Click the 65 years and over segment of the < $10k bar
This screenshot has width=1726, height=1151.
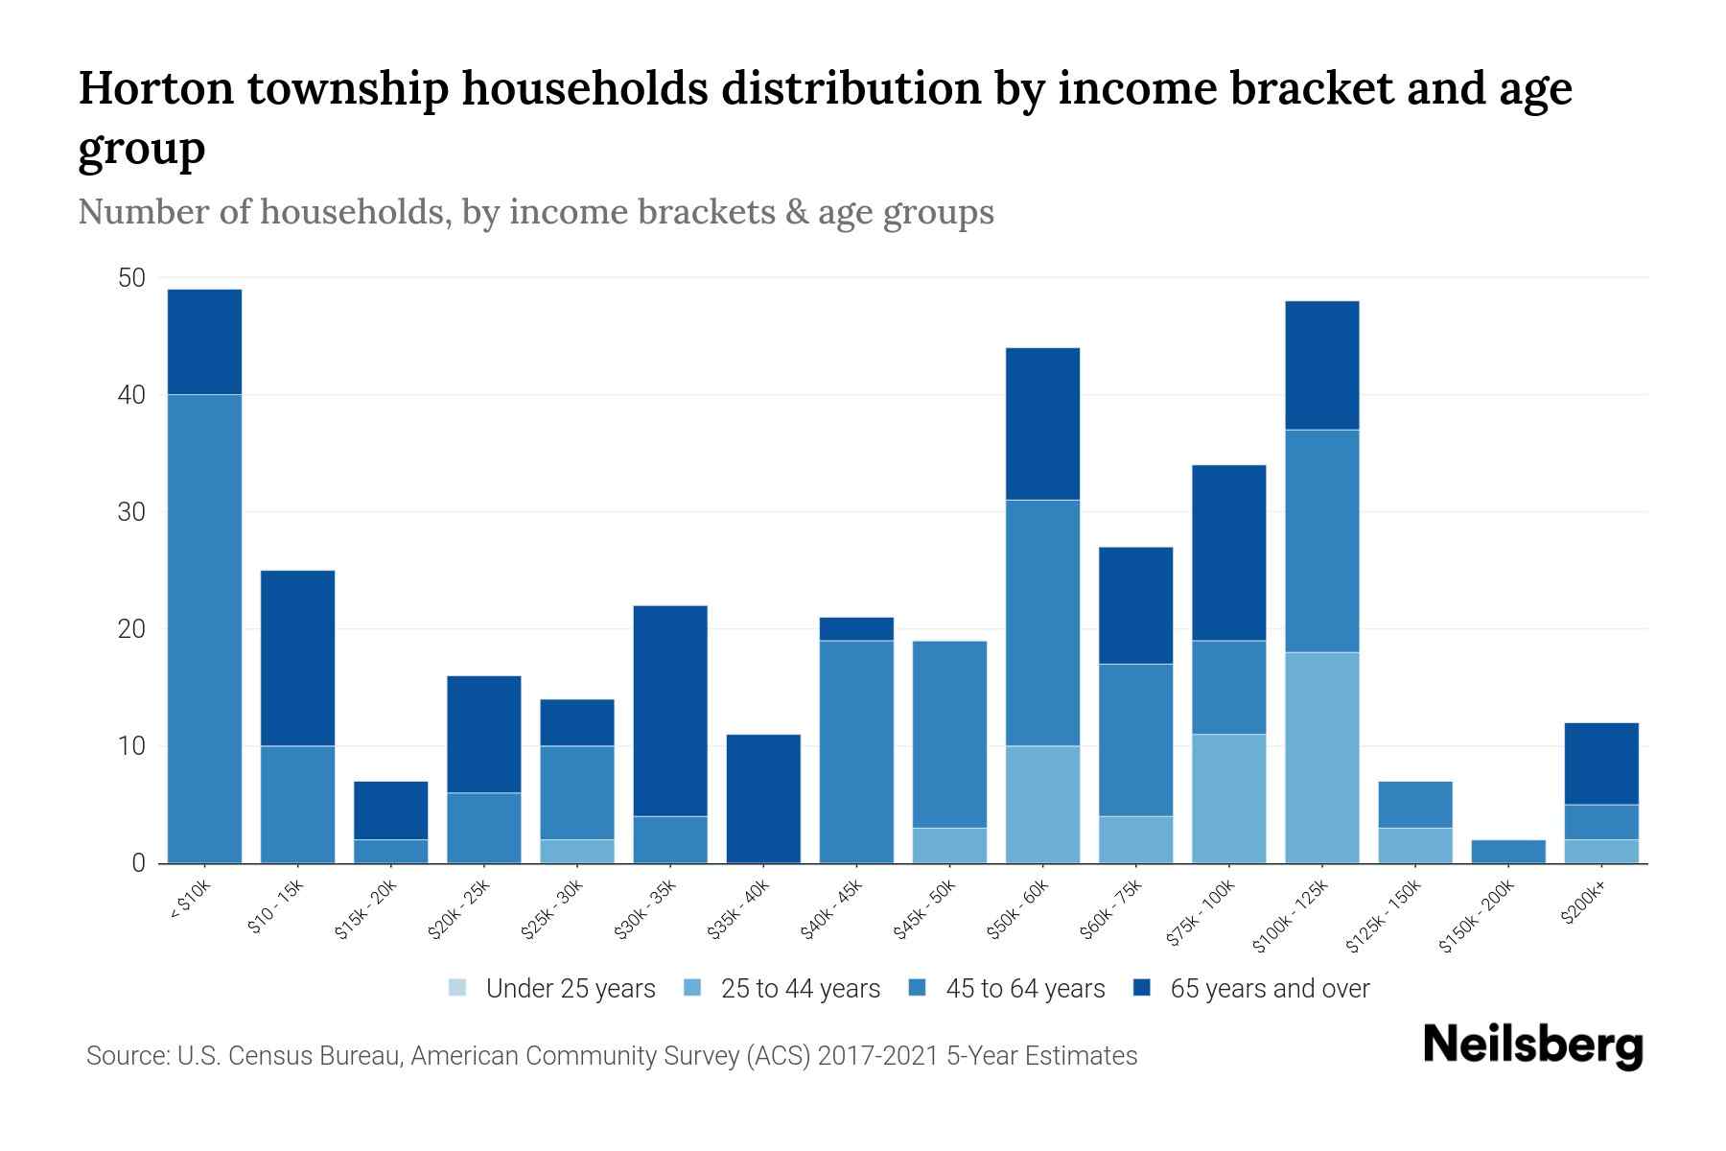(x=204, y=341)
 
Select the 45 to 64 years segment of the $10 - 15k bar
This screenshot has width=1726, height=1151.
(x=297, y=804)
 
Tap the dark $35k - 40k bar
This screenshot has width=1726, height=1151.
(x=763, y=798)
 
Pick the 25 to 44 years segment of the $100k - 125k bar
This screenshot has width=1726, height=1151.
(x=1321, y=758)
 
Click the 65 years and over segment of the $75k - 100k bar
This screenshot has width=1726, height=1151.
(x=1228, y=552)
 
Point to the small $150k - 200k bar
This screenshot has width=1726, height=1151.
(x=1507, y=852)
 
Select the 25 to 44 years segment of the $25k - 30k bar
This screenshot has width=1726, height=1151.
(x=577, y=852)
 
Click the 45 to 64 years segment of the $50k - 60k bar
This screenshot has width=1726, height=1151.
(x=1042, y=622)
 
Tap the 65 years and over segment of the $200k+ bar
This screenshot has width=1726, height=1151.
(x=1600, y=763)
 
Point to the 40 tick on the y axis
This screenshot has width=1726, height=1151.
(x=131, y=395)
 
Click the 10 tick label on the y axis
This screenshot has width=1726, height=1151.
(x=131, y=746)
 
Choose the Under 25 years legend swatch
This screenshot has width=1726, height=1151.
(x=458, y=988)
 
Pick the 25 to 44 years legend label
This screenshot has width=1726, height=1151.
(x=800, y=989)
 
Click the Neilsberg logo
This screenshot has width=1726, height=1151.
(x=1532, y=1045)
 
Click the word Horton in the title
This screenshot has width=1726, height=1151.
(x=155, y=88)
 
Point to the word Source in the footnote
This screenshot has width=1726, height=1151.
(x=126, y=1056)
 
